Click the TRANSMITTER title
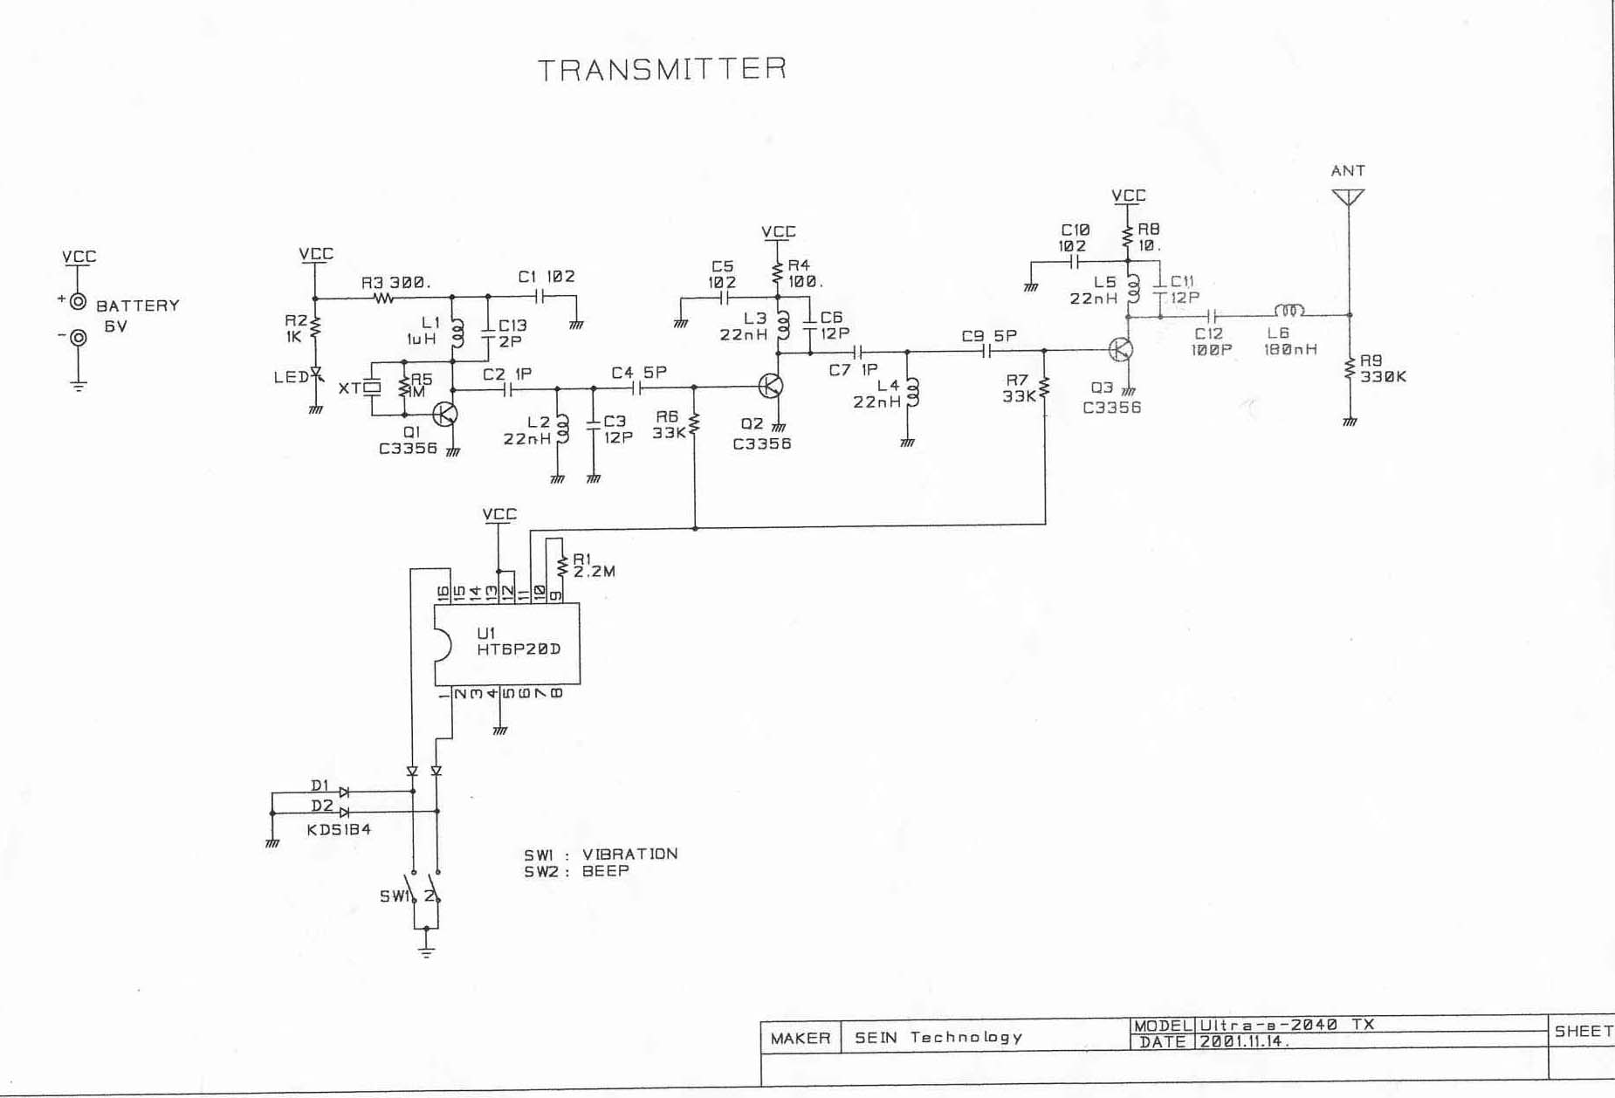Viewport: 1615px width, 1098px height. tap(663, 70)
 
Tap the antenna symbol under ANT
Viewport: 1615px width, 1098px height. tap(1348, 197)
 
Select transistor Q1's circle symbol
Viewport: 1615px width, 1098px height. tap(445, 414)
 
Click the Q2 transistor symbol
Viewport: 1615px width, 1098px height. tap(771, 386)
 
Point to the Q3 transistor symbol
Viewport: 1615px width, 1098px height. tap(1121, 350)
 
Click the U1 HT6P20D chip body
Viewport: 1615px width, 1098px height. tap(507, 643)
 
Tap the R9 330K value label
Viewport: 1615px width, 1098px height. tap(1384, 377)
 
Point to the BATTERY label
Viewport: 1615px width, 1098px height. tap(138, 305)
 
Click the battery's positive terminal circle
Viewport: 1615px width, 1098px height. tap(79, 302)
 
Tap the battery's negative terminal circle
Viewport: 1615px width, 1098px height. tap(79, 337)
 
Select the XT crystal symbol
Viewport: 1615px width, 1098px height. tap(373, 388)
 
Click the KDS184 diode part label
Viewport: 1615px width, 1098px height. tap(339, 829)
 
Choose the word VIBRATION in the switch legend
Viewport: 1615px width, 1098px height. tap(629, 854)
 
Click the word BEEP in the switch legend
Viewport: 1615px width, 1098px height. tap(605, 871)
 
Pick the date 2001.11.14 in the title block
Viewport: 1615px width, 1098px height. tap(1244, 1042)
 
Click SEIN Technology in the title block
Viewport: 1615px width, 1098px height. tap(938, 1037)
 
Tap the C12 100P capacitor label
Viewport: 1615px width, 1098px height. tap(1211, 341)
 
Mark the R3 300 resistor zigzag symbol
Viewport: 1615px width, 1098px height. tap(384, 299)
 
